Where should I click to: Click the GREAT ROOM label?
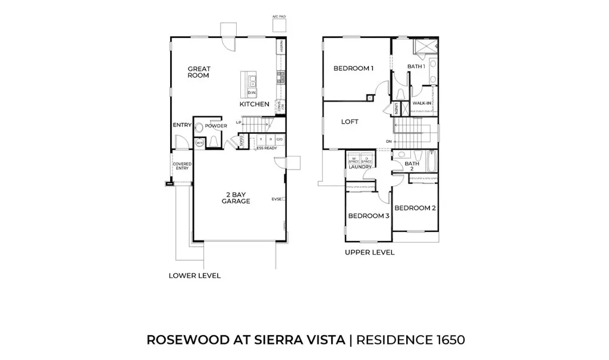pyautogui.click(x=198, y=72)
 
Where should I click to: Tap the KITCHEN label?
pyautogui.click(x=255, y=104)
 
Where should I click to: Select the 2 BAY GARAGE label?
pyautogui.click(x=236, y=198)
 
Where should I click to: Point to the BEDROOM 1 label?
pyautogui.click(x=353, y=68)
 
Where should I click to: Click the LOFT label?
pyautogui.click(x=350, y=121)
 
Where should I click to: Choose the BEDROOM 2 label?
pyautogui.click(x=416, y=208)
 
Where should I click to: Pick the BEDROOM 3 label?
pyautogui.click(x=369, y=216)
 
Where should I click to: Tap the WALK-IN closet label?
pyautogui.click(x=422, y=103)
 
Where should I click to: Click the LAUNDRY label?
pyautogui.click(x=360, y=167)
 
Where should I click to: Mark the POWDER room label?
pyautogui.click(x=216, y=126)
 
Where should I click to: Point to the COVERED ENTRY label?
pyautogui.click(x=181, y=166)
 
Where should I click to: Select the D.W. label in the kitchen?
pyautogui.click(x=252, y=92)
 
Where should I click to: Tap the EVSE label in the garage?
pyautogui.click(x=276, y=199)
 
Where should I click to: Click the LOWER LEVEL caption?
pyautogui.click(x=194, y=276)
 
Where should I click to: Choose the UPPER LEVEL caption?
pyautogui.click(x=369, y=252)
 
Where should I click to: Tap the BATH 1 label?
pyautogui.click(x=416, y=67)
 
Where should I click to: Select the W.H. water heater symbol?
pyautogui.click(x=199, y=143)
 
